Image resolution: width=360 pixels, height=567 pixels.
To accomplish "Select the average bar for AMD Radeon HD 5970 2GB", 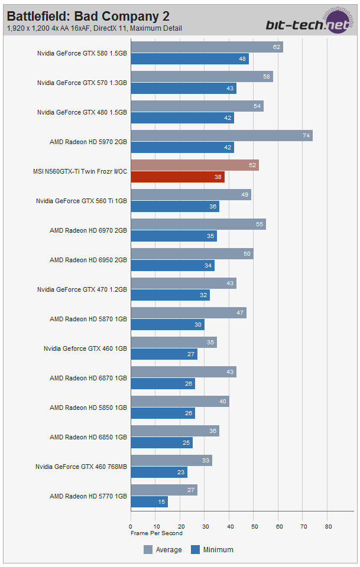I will point(221,136).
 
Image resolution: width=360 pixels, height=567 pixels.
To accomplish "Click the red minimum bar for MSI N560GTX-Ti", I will point(177,177).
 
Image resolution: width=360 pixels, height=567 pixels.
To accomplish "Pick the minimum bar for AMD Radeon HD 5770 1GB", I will point(149,501).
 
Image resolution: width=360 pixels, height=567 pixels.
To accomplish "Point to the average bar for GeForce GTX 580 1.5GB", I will point(206,47).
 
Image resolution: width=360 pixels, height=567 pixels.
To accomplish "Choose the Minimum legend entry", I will point(212,550).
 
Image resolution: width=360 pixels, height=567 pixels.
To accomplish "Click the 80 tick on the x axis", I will point(328,526).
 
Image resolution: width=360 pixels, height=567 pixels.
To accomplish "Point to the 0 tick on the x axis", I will point(131,526).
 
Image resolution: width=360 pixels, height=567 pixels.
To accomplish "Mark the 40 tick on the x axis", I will point(229,526).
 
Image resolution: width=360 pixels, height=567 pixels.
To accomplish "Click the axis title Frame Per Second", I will point(157,533).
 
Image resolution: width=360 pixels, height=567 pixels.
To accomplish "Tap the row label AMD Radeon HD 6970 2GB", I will point(88,230).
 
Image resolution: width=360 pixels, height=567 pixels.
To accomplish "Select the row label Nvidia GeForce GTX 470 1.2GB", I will point(82,289).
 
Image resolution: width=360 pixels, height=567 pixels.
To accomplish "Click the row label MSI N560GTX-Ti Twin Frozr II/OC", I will point(80,171).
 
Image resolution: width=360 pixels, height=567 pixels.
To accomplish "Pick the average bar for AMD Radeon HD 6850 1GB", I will point(174,431).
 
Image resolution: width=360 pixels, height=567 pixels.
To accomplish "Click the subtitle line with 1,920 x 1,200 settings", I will point(95,28).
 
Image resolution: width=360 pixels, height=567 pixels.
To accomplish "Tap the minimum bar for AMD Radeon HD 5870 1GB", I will point(167,324).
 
